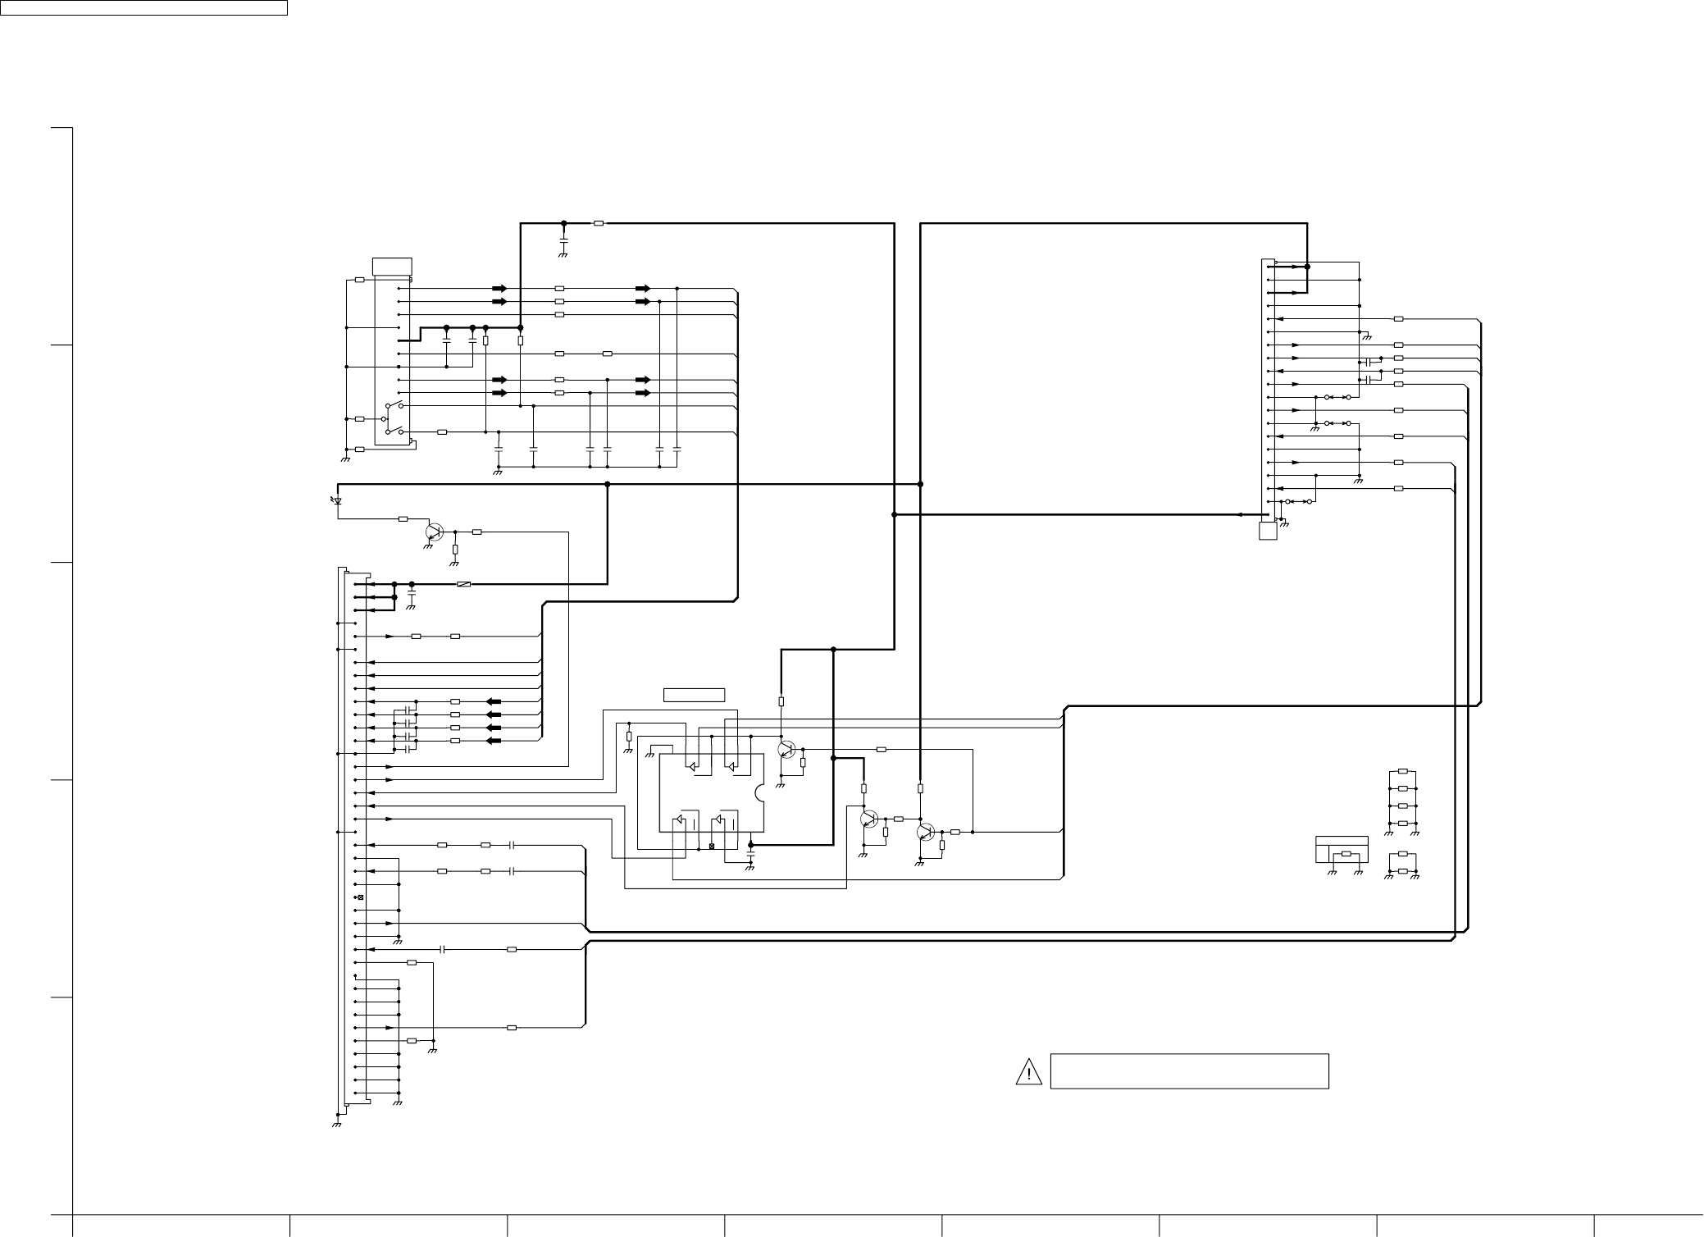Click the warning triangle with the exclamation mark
(x=1027, y=1071)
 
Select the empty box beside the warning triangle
(x=1189, y=1071)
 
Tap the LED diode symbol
(x=337, y=500)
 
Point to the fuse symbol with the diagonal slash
(x=463, y=584)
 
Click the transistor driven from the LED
(x=434, y=532)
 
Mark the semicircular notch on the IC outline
(x=759, y=792)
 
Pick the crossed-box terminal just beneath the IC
(x=711, y=846)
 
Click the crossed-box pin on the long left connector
(x=360, y=897)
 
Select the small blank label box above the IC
(x=694, y=696)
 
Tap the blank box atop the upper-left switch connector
(x=392, y=267)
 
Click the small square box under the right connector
(x=1268, y=531)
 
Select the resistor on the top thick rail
(x=599, y=223)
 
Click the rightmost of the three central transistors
(x=925, y=832)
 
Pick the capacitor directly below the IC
(x=750, y=856)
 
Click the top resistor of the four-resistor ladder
(x=1403, y=771)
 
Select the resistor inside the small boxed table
(x=1346, y=854)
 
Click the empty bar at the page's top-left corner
(x=144, y=8)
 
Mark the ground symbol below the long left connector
(x=337, y=1124)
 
